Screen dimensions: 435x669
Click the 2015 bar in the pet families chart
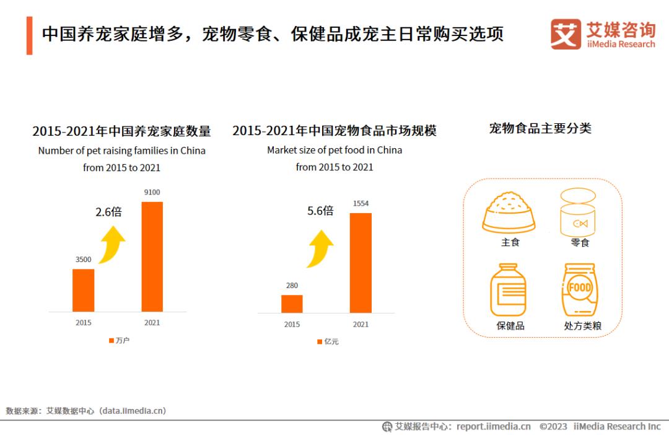pos(84,290)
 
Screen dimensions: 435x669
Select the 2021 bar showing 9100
pos(152,256)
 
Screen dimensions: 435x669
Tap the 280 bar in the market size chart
pos(292,304)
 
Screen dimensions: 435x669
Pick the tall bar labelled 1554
pos(361,263)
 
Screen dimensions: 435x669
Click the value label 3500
pos(84,260)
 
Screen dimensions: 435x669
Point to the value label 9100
pos(152,192)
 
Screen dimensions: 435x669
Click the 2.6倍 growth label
pos(108,212)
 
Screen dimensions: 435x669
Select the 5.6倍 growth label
pos(320,211)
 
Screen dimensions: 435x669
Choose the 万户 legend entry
pos(119,340)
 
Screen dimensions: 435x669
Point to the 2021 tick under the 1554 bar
pos(361,324)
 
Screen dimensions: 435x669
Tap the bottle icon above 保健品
pos(509,290)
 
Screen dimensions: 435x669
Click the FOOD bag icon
pos(580,289)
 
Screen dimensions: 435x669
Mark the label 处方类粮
pos(582,325)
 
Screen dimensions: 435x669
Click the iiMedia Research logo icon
pos(566,33)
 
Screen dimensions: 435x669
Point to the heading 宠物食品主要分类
pos(540,129)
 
